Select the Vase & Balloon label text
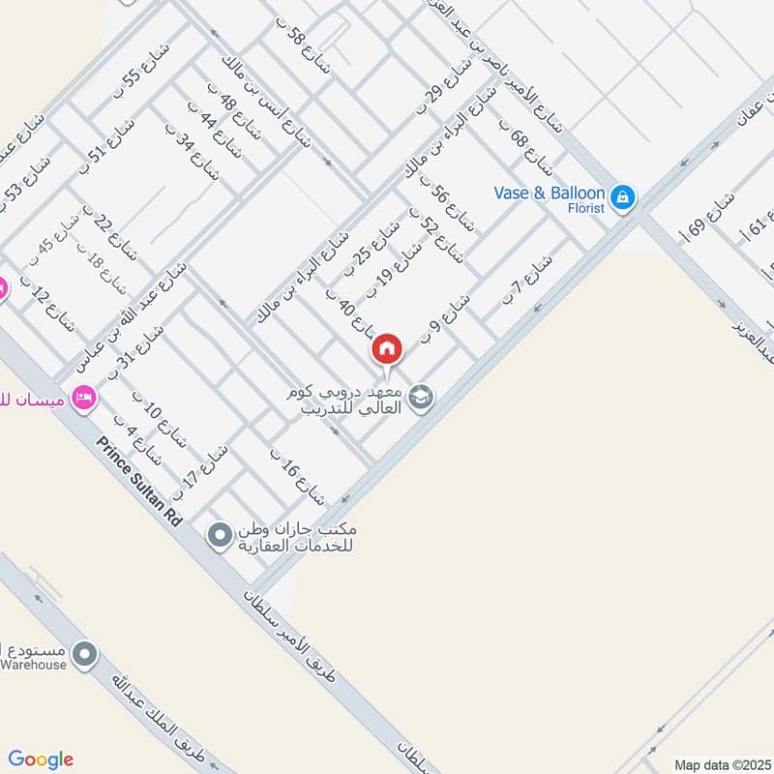[549, 193]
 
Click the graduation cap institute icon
[421, 396]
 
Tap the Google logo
[42, 759]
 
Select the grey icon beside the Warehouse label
[85, 656]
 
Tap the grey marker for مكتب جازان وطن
[222, 533]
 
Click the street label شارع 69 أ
[707, 216]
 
